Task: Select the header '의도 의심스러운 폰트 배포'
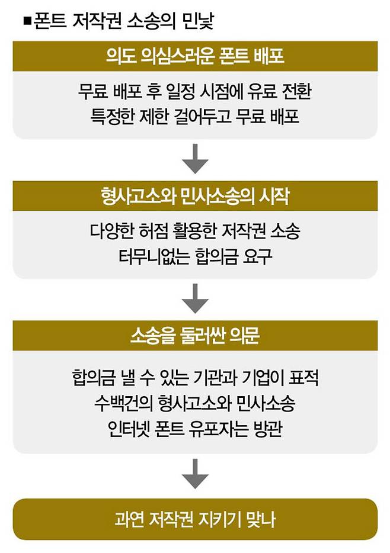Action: [194, 58]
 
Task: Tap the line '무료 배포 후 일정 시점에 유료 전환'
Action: [194, 92]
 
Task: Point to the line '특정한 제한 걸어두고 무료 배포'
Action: [194, 117]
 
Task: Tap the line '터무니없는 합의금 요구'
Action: [194, 257]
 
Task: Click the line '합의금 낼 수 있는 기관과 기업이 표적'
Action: [194, 378]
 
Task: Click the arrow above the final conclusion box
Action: [195, 472]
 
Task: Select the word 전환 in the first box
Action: [296, 92]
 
